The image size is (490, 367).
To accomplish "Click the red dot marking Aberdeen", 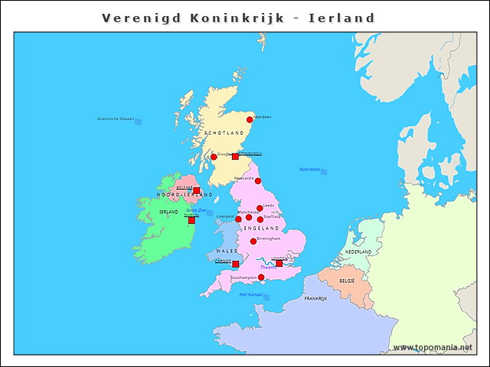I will pyautogui.click(x=250, y=120).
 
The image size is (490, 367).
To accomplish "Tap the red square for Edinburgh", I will pyautogui.click(x=235, y=156).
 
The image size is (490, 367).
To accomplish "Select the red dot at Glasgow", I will pyautogui.click(x=214, y=158).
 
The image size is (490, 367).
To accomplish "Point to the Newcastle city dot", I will pyautogui.click(x=258, y=181).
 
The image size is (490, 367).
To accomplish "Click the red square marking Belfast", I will pyautogui.click(x=196, y=190).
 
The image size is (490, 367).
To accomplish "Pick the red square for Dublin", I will pyautogui.click(x=191, y=220).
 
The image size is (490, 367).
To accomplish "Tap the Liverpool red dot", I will pyautogui.click(x=238, y=219).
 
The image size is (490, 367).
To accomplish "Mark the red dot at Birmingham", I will pyautogui.click(x=253, y=242).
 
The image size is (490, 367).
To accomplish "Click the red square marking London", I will pyautogui.click(x=279, y=263).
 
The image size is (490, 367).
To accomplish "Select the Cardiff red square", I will pyautogui.click(x=235, y=265).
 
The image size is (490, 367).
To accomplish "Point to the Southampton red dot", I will pyautogui.click(x=261, y=277).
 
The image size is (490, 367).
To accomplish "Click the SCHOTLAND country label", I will pyautogui.click(x=223, y=133).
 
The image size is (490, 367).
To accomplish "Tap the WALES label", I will pyautogui.click(x=227, y=251).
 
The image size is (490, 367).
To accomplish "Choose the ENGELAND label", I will pyautogui.click(x=261, y=229).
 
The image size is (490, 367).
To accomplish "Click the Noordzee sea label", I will pyautogui.click(x=309, y=170).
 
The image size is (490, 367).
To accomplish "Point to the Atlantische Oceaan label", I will pyautogui.click(x=116, y=119).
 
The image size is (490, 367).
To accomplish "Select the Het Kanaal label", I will pyautogui.click(x=251, y=294).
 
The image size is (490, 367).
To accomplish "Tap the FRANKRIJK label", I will pyautogui.click(x=315, y=299).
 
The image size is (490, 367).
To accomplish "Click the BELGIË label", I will pyautogui.click(x=347, y=281).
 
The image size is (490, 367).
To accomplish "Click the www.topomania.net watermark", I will pyautogui.click(x=433, y=348).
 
